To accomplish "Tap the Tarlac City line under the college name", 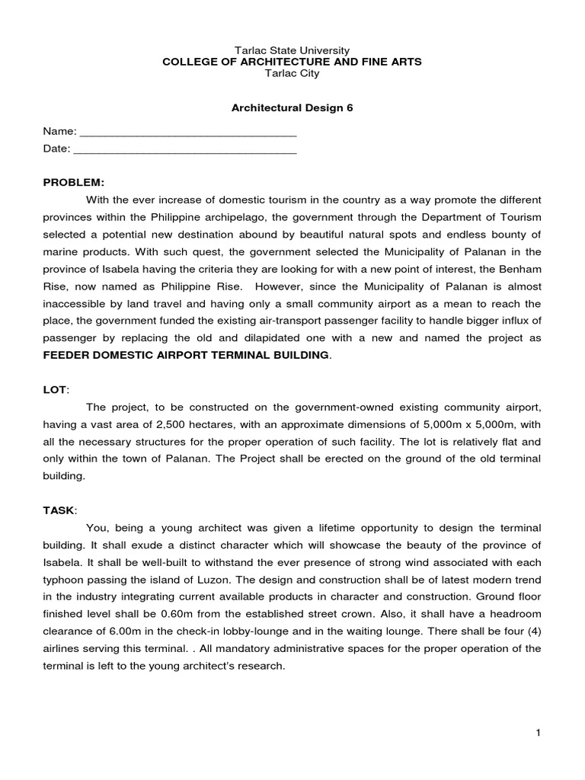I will [x=292, y=74].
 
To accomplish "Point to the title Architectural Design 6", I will [x=292, y=108].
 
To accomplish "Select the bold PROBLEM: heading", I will [x=73, y=183].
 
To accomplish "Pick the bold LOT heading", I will [x=54, y=389].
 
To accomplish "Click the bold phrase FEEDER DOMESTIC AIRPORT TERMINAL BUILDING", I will [x=187, y=355].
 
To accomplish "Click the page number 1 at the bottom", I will [x=538, y=733].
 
